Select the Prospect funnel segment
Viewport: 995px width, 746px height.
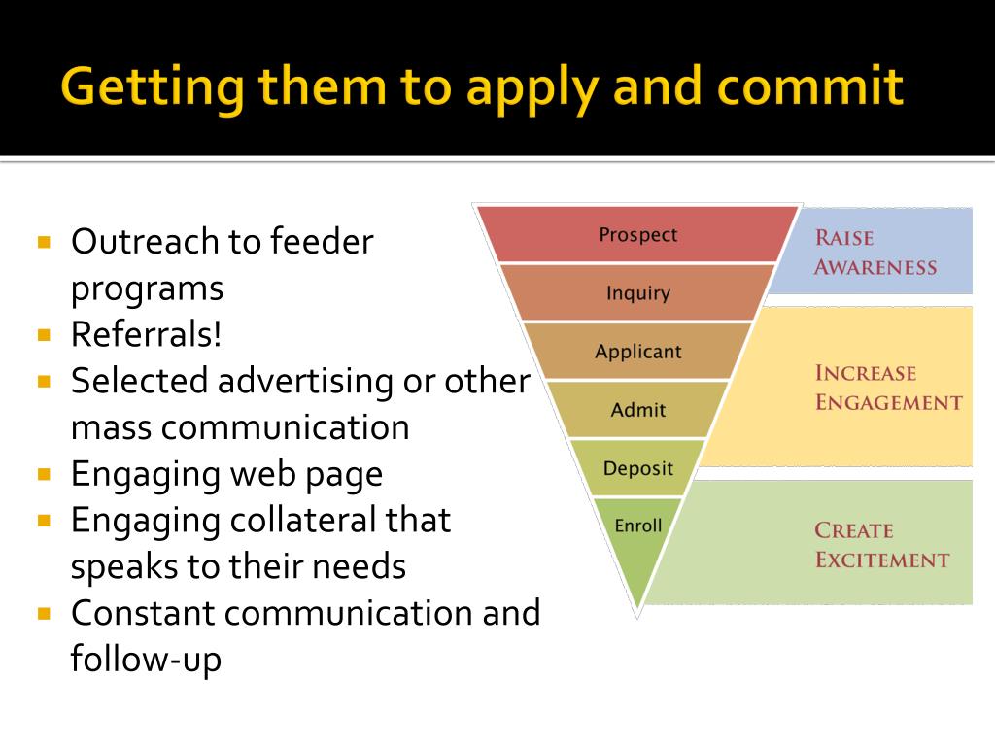pos(638,234)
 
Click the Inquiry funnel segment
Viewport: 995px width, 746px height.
pos(638,292)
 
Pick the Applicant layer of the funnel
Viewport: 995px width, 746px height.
pos(638,351)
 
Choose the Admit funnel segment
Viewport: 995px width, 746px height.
pos(637,410)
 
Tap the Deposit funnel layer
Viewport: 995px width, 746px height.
pos(637,468)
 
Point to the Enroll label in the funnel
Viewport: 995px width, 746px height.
pos(638,526)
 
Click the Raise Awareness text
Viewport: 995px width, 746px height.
pos(875,252)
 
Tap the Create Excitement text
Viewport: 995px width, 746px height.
pos(881,544)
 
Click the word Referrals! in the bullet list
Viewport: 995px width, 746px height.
pos(147,335)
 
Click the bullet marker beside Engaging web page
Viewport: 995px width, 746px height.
pos(44,475)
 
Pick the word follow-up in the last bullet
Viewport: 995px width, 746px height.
pos(146,661)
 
